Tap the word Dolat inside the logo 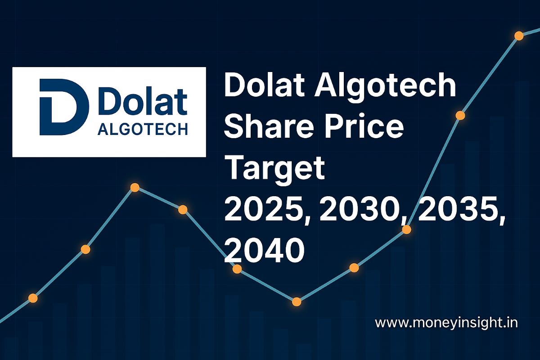pyautogui.click(x=142, y=103)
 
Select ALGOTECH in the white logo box pyautogui.click(x=142, y=130)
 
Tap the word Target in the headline pyautogui.click(x=274, y=169)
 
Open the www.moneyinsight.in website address pyautogui.click(x=446, y=323)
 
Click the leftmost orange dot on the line pyautogui.click(x=33, y=297)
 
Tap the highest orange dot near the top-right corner pyautogui.click(x=519, y=36)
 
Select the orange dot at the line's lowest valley pyautogui.click(x=296, y=301)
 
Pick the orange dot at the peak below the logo pyautogui.click(x=135, y=188)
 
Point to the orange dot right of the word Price pyautogui.click(x=460, y=115)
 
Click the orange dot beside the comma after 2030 pyautogui.click(x=406, y=229)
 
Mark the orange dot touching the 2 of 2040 pyautogui.click(x=237, y=269)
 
